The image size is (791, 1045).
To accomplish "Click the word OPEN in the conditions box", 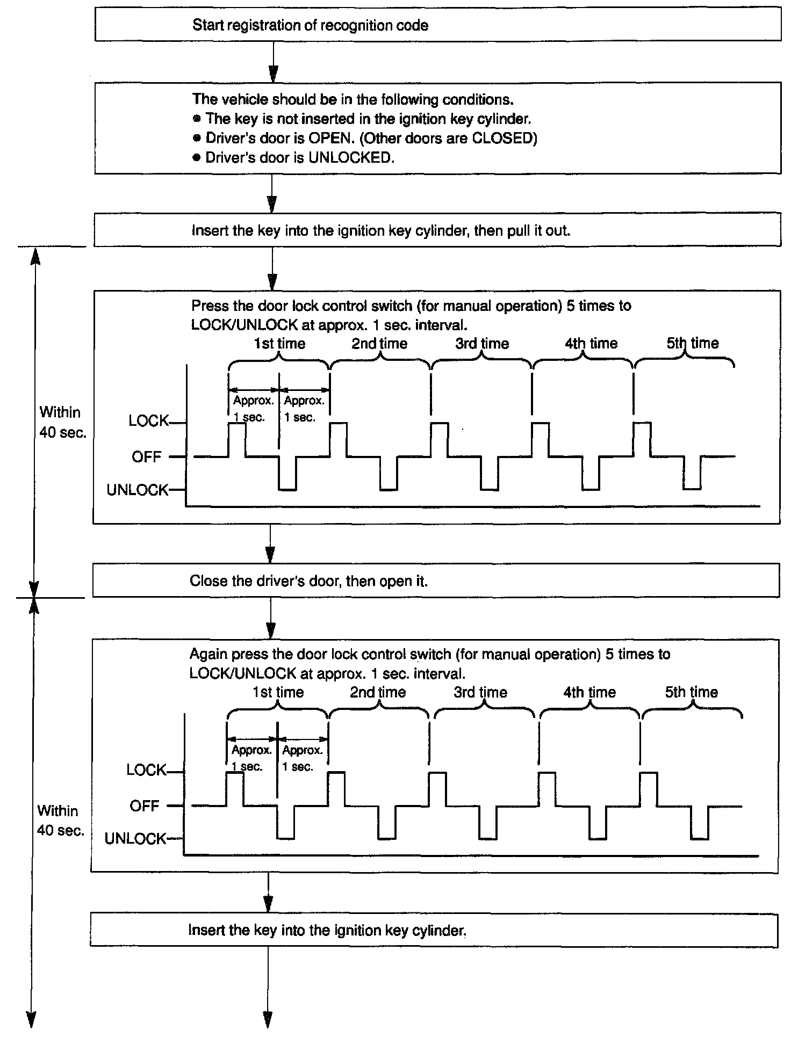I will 329,139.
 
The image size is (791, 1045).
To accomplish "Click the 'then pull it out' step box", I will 437,231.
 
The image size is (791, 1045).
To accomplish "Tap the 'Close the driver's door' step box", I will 436,581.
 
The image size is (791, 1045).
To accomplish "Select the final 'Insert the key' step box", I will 434,931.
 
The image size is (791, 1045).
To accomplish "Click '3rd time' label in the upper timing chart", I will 482,344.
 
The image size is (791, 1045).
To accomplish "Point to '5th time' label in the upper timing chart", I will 693,343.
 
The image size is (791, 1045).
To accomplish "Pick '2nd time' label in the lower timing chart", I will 378,692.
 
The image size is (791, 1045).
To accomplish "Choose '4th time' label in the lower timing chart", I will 589,692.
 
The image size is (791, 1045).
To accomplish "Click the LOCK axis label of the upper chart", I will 148,420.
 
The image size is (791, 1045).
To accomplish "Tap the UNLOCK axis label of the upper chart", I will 137,490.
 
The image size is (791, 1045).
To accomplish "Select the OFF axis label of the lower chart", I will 145,806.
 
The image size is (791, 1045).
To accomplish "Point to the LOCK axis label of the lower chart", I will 146,770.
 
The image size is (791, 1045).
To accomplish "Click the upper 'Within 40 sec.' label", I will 62,422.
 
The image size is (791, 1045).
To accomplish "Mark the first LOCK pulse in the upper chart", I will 237,439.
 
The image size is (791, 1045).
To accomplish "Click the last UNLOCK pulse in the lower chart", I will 700,823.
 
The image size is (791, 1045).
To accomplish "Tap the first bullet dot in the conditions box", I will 197,119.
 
